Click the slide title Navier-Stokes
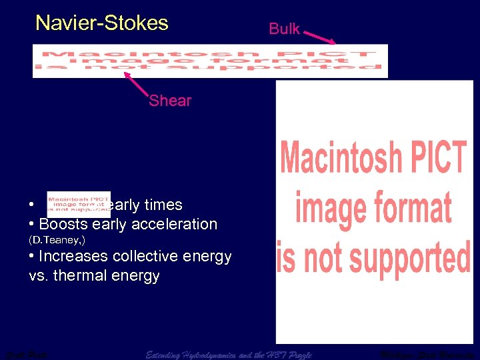pyautogui.click(x=102, y=23)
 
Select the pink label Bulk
pyautogui.click(x=284, y=29)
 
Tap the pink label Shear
pyautogui.click(x=170, y=101)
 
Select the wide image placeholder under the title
pyautogui.click(x=210, y=61)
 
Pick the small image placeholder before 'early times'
pyautogui.click(x=78, y=204)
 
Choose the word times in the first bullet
pyautogui.click(x=163, y=205)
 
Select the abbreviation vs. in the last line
pyautogui.click(x=40, y=275)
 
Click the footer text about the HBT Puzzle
pyautogui.click(x=229, y=353)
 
